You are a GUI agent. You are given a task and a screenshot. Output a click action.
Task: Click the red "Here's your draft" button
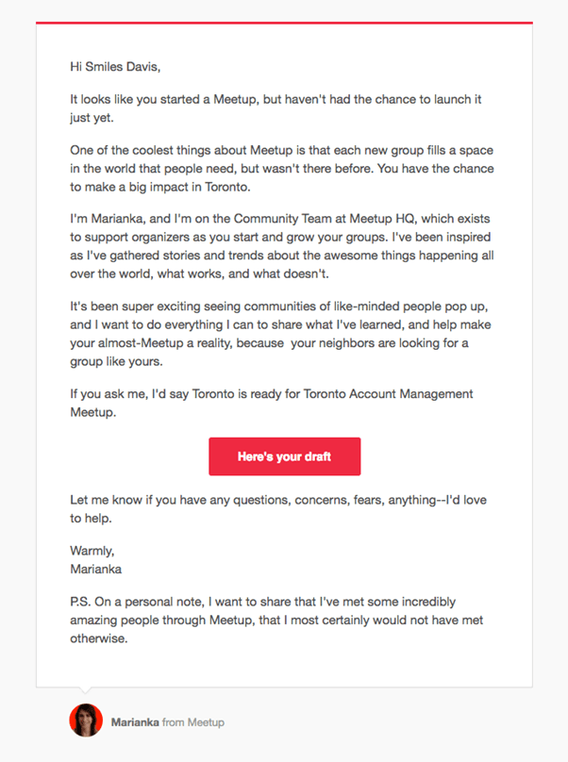(284, 456)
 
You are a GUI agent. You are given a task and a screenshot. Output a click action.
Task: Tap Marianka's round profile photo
(86, 721)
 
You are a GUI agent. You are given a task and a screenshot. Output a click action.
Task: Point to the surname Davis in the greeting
(143, 67)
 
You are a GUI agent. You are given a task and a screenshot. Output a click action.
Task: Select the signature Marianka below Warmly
(96, 569)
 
